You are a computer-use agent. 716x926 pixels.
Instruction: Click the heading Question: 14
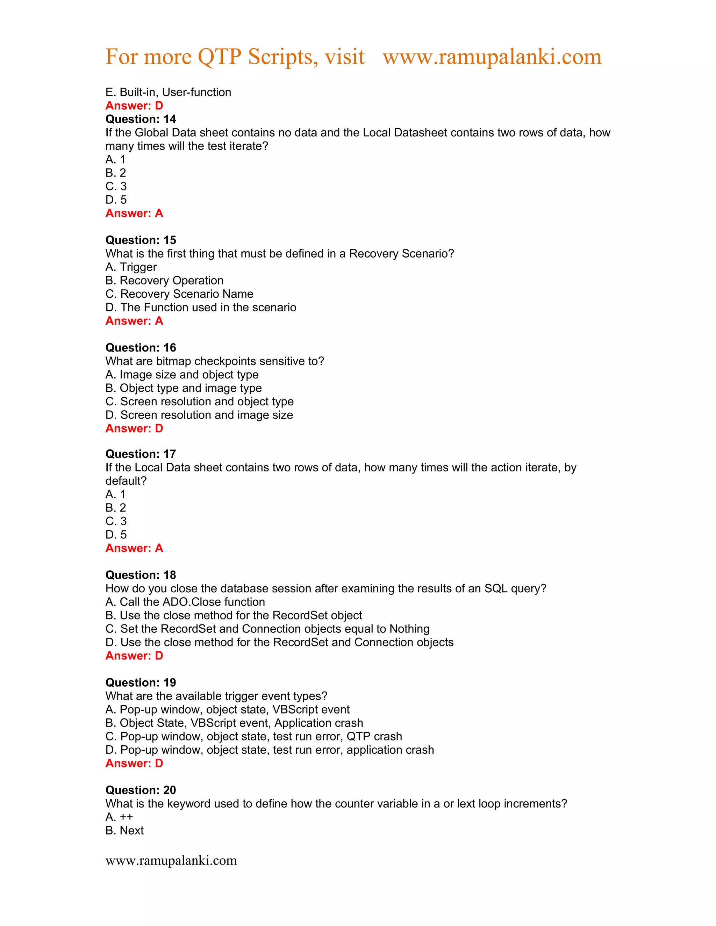pyautogui.click(x=141, y=119)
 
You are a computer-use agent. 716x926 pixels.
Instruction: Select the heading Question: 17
pyautogui.click(x=141, y=454)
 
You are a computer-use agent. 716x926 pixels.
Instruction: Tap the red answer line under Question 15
pyautogui.click(x=134, y=321)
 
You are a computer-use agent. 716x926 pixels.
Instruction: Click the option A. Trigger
pyautogui.click(x=131, y=267)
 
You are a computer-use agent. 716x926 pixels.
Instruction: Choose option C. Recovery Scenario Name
pyautogui.click(x=179, y=294)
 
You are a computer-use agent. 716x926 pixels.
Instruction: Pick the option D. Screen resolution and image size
pyautogui.click(x=199, y=415)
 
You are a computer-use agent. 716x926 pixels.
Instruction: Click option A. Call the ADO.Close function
pyautogui.click(x=185, y=602)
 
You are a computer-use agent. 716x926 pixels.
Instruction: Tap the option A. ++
pyautogui.click(x=119, y=817)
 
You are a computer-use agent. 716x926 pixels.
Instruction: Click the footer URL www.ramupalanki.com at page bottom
pyautogui.click(x=171, y=860)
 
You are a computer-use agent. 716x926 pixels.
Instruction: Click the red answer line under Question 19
pyautogui.click(x=134, y=763)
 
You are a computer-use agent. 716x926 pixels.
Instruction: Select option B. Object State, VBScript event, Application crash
pyautogui.click(x=234, y=723)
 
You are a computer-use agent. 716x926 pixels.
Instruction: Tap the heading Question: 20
pyautogui.click(x=141, y=790)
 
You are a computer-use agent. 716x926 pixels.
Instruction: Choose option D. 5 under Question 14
pyautogui.click(x=116, y=200)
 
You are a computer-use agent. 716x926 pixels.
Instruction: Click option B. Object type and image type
pyautogui.click(x=183, y=388)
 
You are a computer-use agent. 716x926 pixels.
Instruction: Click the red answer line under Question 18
pyautogui.click(x=134, y=656)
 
